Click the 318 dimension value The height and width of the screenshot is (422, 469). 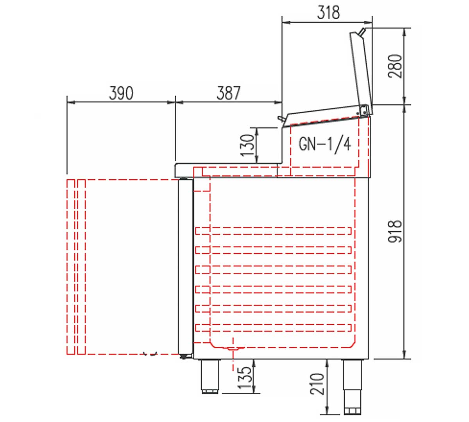point(328,13)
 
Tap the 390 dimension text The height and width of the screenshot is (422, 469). point(121,93)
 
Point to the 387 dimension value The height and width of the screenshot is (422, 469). point(228,93)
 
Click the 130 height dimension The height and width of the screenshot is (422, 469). point(247,145)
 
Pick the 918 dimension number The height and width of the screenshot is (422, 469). point(395,231)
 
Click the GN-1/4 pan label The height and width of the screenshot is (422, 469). point(325,145)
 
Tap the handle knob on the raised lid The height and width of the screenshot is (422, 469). point(362,32)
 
